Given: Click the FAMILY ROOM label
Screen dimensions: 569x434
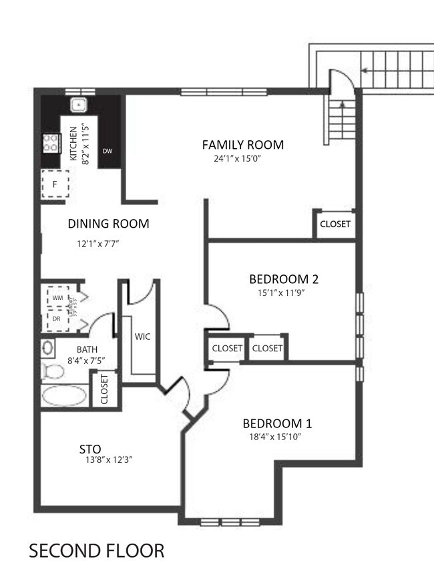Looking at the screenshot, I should pyautogui.click(x=243, y=144).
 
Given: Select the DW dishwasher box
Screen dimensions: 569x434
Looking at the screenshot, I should pyautogui.click(x=107, y=151).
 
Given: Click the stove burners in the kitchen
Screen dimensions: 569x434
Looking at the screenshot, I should pyautogui.click(x=51, y=142).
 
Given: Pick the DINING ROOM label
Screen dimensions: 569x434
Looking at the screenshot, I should pyautogui.click(x=108, y=224).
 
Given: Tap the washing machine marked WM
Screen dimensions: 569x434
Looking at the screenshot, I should pyautogui.click(x=57, y=297).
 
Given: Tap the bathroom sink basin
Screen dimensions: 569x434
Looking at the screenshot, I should pyautogui.click(x=48, y=348).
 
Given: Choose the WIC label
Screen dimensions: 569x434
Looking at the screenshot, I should pyautogui.click(x=142, y=337).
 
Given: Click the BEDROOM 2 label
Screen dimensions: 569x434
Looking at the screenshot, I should pyautogui.click(x=279, y=278).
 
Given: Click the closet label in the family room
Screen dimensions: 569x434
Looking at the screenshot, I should pyautogui.click(x=335, y=224).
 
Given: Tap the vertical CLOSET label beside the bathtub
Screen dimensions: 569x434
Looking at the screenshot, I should pyautogui.click(x=105, y=389).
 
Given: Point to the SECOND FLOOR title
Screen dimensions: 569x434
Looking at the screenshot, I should pyautogui.click(x=96, y=551).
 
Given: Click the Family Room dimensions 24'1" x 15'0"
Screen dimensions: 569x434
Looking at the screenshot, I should pyautogui.click(x=238, y=159).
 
